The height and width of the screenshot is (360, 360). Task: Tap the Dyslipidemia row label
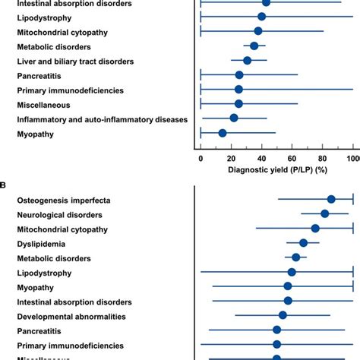click(41, 244)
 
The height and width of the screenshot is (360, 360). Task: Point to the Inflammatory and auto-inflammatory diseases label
click(102, 118)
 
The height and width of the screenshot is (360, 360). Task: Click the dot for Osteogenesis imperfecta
click(331, 200)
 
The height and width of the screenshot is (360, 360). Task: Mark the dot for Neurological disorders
click(324, 214)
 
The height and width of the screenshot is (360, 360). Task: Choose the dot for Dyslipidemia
click(303, 243)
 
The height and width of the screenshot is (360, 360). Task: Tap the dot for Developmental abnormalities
click(283, 315)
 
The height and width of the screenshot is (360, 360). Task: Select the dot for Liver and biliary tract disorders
click(247, 60)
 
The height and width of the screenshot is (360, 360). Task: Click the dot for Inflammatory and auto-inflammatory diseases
click(234, 118)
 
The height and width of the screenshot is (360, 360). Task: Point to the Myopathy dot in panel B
click(287, 286)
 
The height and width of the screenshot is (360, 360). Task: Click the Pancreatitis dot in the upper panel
click(239, 74)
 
